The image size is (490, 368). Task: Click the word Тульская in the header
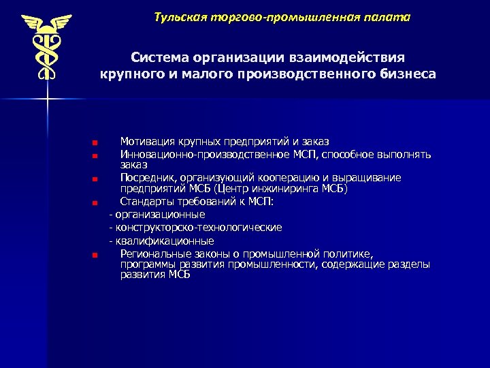coord(178,16)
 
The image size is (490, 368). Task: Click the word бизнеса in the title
coord(403,73)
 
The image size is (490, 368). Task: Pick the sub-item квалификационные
coord(164,241)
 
